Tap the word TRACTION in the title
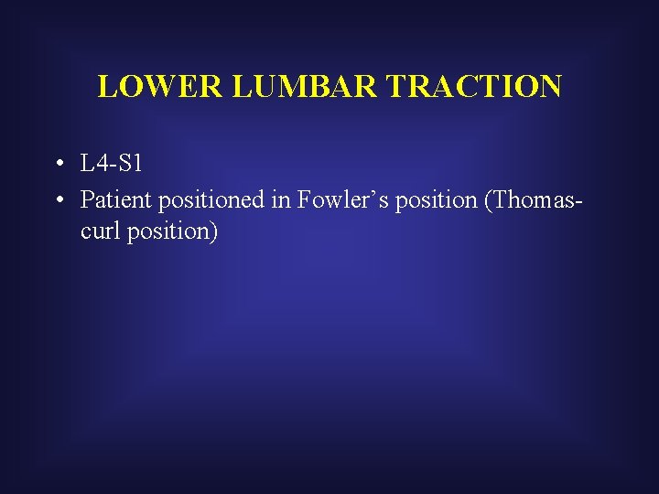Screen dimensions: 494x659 point(473,86)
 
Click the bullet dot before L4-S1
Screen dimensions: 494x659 point(58,166)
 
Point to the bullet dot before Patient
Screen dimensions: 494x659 point(58,199)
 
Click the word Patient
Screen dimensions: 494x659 point(111,199)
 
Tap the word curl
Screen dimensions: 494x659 point(99,231)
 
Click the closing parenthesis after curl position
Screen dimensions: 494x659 point(214,232)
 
